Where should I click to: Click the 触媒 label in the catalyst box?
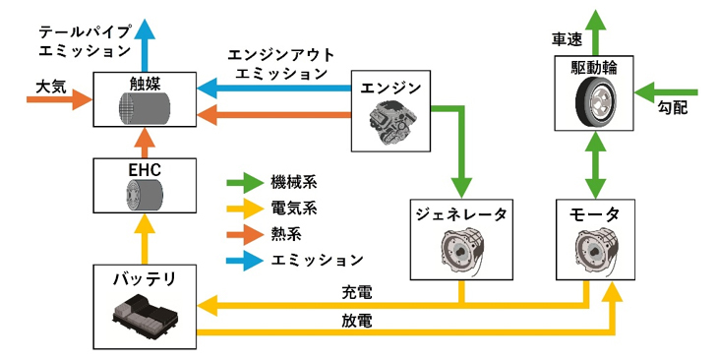145,84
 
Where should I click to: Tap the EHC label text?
145,170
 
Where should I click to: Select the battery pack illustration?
145,315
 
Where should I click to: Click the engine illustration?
390,123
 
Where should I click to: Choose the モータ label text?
595,214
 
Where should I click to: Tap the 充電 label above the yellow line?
357,292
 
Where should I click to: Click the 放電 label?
357,321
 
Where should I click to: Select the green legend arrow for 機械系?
245,183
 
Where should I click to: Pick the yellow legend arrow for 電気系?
245,209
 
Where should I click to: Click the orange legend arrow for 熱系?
245,234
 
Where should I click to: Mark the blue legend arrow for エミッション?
245,260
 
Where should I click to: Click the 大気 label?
51,87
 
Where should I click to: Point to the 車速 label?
567,40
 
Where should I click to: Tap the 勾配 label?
673,107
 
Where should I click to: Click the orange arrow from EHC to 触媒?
145,143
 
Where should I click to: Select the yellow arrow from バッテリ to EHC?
145,239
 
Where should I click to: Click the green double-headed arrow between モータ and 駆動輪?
595,165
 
